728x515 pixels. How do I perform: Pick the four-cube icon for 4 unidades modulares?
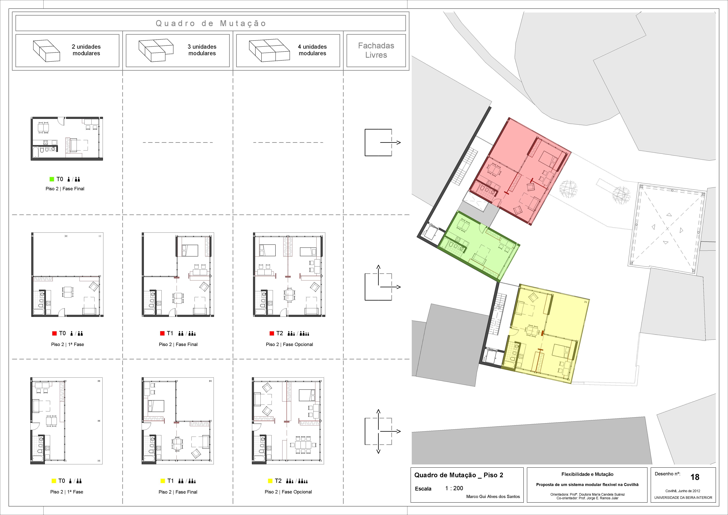point(269,50)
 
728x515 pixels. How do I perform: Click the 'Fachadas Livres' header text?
point(376,50)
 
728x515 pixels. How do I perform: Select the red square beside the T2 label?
point(272,333)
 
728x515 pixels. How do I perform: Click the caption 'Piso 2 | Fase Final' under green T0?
point(65,189)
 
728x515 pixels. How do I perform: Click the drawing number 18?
point(695,477)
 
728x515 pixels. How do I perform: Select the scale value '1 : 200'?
point(454,488)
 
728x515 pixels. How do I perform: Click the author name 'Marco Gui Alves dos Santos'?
point(493,497)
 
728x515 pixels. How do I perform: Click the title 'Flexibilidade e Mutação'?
point(587,474)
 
